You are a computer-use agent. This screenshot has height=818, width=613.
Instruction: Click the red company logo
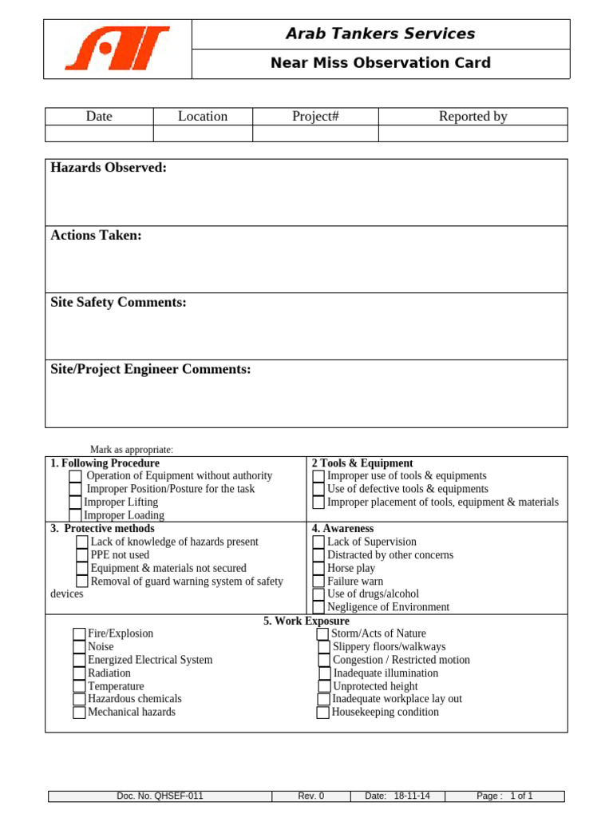click(117, 48)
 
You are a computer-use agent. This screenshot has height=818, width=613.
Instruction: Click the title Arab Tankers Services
click(381, 34)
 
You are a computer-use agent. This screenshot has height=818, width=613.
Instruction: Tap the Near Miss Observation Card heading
click(381, 63)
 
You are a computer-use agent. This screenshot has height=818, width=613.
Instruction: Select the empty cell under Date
click(99, 133)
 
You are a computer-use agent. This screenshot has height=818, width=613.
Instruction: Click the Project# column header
click(315, 117)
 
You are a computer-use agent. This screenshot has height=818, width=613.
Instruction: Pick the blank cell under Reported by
click(473, 133)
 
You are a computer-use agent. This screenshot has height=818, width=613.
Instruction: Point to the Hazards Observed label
click(109, 168)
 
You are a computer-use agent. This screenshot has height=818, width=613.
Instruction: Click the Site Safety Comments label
click(118, 303)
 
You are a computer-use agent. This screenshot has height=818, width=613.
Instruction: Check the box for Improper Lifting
click(75, 502)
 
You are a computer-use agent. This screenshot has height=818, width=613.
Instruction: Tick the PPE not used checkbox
click(82, 555)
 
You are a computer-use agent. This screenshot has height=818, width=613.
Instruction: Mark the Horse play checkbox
click(318, 568)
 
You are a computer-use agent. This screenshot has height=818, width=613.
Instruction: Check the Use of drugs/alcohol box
click(318, 594)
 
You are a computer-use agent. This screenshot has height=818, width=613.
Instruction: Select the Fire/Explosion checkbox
click(79, 634)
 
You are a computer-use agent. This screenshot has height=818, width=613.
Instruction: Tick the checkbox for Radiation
click(79, 673)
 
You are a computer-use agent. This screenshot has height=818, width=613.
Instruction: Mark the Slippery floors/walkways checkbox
click(323, 647)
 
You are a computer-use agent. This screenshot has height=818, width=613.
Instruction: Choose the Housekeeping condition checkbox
click(322, 713)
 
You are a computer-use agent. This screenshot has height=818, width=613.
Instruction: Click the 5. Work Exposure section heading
click(306, 621)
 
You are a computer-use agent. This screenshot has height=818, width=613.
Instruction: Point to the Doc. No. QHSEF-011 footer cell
click(160, 796)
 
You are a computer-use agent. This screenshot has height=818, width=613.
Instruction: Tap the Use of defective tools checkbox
click(318, 489)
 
